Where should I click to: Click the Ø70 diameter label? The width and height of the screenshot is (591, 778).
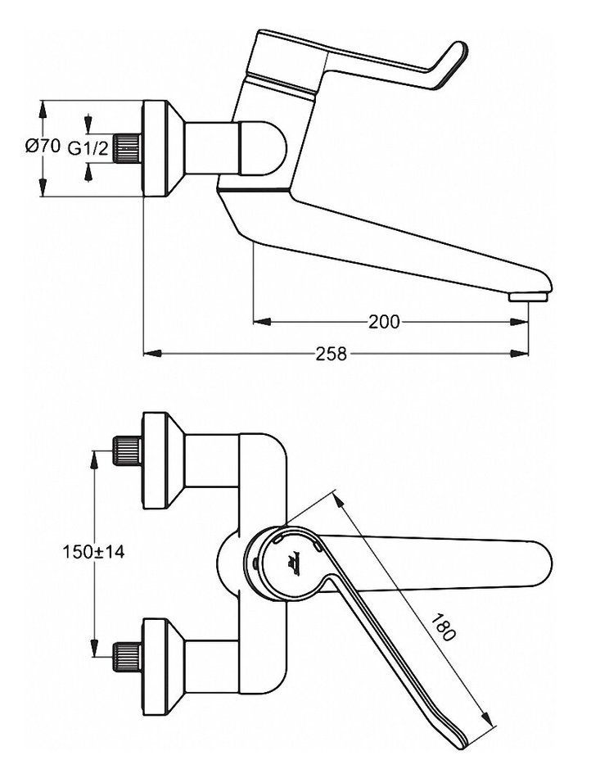(x=43, y=147)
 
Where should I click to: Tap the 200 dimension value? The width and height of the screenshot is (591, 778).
(x=384, y=322)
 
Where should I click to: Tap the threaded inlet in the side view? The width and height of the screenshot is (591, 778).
(x=128, y=148)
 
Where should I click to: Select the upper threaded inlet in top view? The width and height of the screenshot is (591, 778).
(x=127, y=449)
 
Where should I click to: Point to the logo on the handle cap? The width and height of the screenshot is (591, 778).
(x=293, y=562)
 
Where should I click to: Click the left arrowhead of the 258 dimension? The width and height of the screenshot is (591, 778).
(x=149, y=354)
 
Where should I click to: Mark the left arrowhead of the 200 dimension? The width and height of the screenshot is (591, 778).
(x=259, y=322)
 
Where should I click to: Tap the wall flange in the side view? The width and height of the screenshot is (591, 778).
(x=160, y=148)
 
